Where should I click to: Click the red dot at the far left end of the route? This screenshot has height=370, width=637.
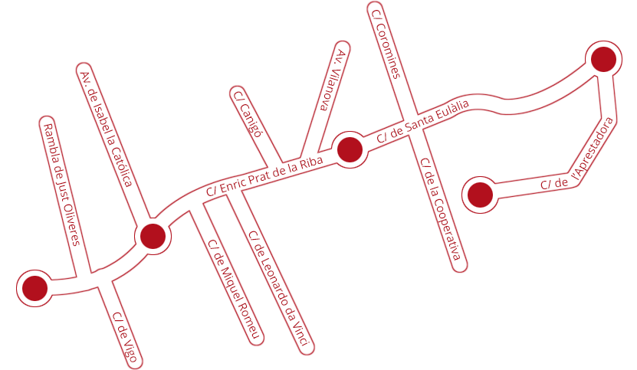coord(35,288)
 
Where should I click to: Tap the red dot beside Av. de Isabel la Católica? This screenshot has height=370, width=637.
coord(153,237)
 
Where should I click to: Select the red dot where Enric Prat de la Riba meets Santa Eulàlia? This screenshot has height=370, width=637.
coord(350,150)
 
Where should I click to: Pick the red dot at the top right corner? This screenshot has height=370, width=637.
coord(603,59)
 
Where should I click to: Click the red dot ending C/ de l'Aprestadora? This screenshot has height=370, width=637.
coord(480,195)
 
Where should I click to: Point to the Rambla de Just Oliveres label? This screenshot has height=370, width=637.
coord(61,185)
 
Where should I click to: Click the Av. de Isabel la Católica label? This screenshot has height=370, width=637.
coord(107,129)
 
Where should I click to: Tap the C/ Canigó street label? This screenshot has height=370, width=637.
coord(247,114)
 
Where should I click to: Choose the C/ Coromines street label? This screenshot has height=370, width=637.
coord(386,44)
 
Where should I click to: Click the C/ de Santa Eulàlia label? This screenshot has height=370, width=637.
coord(422,120)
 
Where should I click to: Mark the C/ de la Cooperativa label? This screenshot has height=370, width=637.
coord(441,209)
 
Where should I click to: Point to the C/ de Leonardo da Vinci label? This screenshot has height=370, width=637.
coord(281,288)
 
